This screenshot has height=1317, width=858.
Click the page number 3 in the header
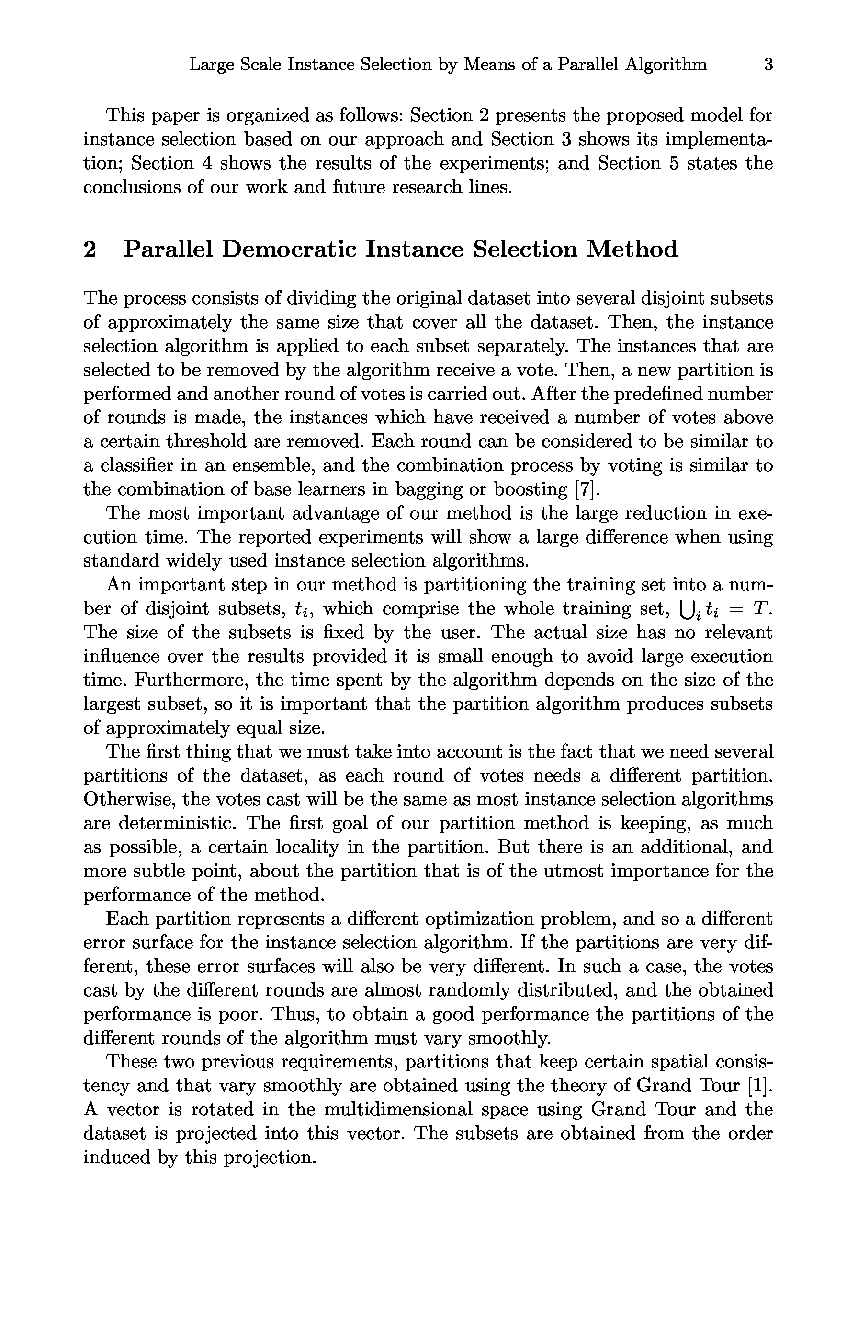tap(768, 65)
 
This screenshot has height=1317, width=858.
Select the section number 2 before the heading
tap(90, 250)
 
